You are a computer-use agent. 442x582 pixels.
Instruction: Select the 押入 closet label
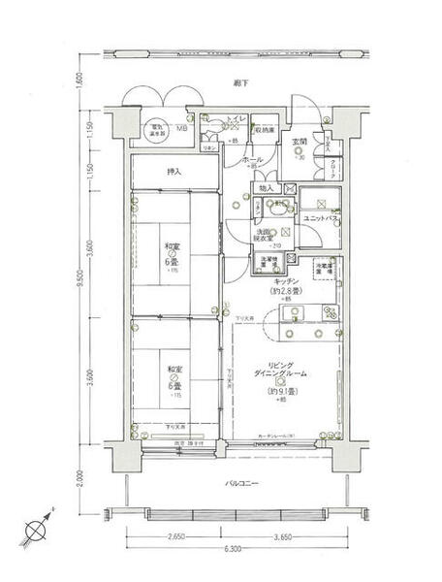(174, 172)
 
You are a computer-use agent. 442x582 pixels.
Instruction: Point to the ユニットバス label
(318, 219)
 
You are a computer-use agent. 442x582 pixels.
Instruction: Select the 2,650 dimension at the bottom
(175, 534)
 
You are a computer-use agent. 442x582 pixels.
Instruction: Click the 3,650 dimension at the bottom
(283, 534)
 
